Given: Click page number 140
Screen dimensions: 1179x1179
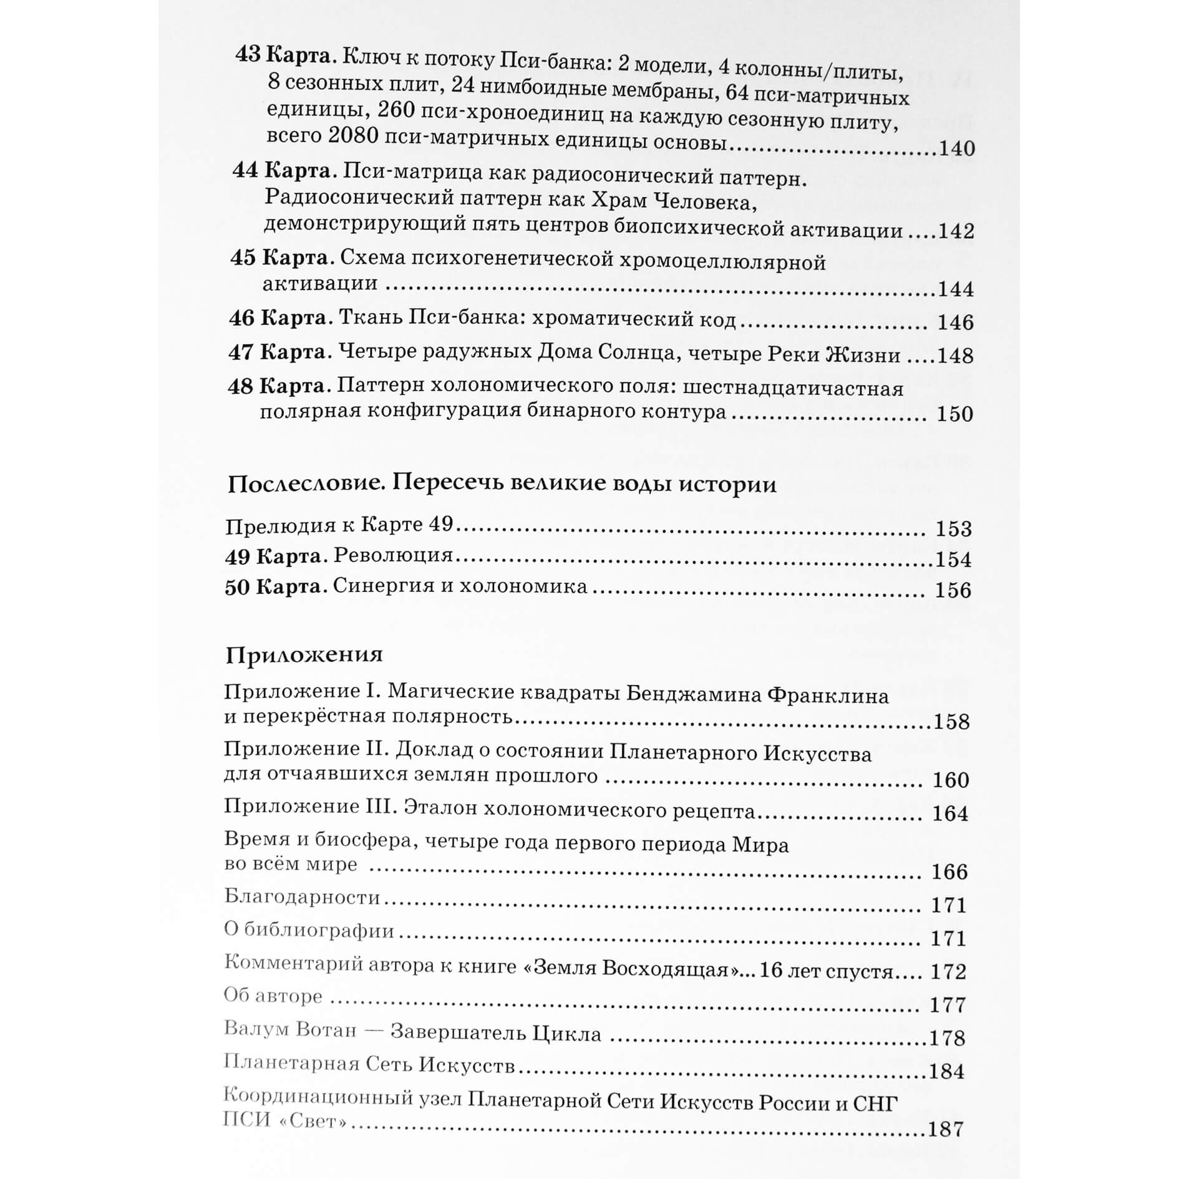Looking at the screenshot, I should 956,148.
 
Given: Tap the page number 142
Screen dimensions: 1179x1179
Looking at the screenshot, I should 956,231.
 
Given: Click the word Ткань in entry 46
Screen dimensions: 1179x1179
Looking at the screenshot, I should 369,319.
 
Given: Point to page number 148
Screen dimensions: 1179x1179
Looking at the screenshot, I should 955,356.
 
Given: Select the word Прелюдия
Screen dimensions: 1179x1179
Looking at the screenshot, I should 271,526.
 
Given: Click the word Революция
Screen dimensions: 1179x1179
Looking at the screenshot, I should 393,555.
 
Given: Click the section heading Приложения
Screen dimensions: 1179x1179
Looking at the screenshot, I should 304,655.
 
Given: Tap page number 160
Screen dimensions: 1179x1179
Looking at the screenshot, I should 950,780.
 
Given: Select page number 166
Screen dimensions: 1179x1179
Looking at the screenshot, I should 949,871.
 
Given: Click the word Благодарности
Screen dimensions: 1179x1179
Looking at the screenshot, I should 302,898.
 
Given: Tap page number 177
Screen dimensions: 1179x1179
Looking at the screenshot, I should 948,1005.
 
